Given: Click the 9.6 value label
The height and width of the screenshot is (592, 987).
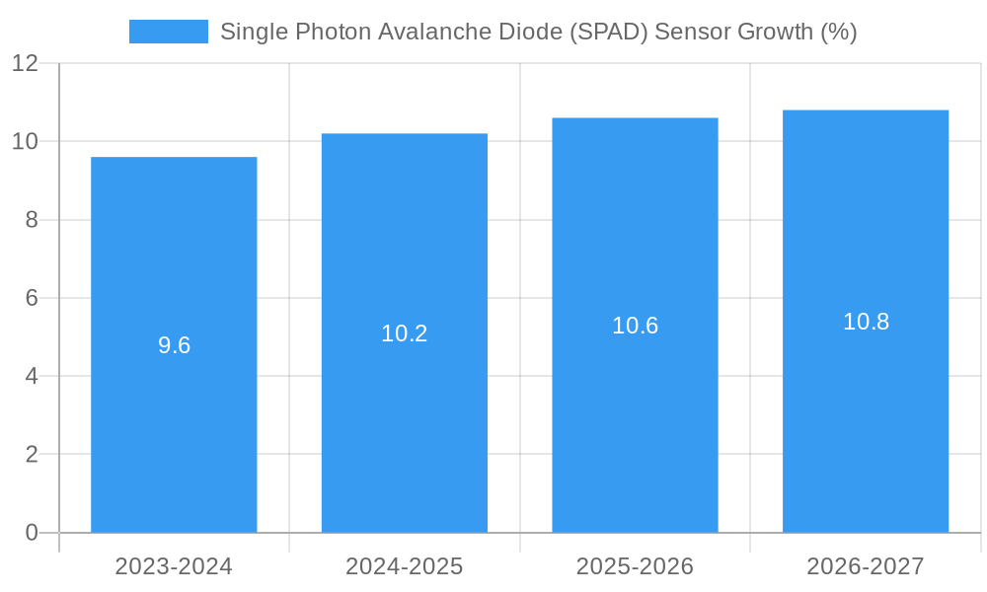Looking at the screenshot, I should (174, 345).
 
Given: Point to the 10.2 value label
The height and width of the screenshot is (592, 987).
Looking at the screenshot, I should (405, 333).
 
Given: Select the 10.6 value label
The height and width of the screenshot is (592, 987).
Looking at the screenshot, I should (635, 326).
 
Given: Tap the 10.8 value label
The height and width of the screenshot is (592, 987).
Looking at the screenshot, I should (866, 322).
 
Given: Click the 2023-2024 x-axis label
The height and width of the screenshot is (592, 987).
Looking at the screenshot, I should (174, 566).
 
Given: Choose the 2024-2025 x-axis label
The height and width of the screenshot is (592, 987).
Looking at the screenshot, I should (405, 566).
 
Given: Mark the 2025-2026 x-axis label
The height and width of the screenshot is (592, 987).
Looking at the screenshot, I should (635, 566).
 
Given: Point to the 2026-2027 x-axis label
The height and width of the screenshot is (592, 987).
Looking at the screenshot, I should (866, 566).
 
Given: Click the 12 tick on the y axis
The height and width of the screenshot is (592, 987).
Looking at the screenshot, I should (25, 63).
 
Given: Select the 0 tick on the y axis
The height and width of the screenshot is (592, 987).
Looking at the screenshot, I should (32, 533).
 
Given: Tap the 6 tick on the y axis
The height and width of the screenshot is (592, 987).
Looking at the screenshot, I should (32, 298).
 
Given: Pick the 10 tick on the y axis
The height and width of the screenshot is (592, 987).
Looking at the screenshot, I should (25, 141).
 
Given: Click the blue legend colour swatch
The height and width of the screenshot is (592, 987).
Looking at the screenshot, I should (169, 32).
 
